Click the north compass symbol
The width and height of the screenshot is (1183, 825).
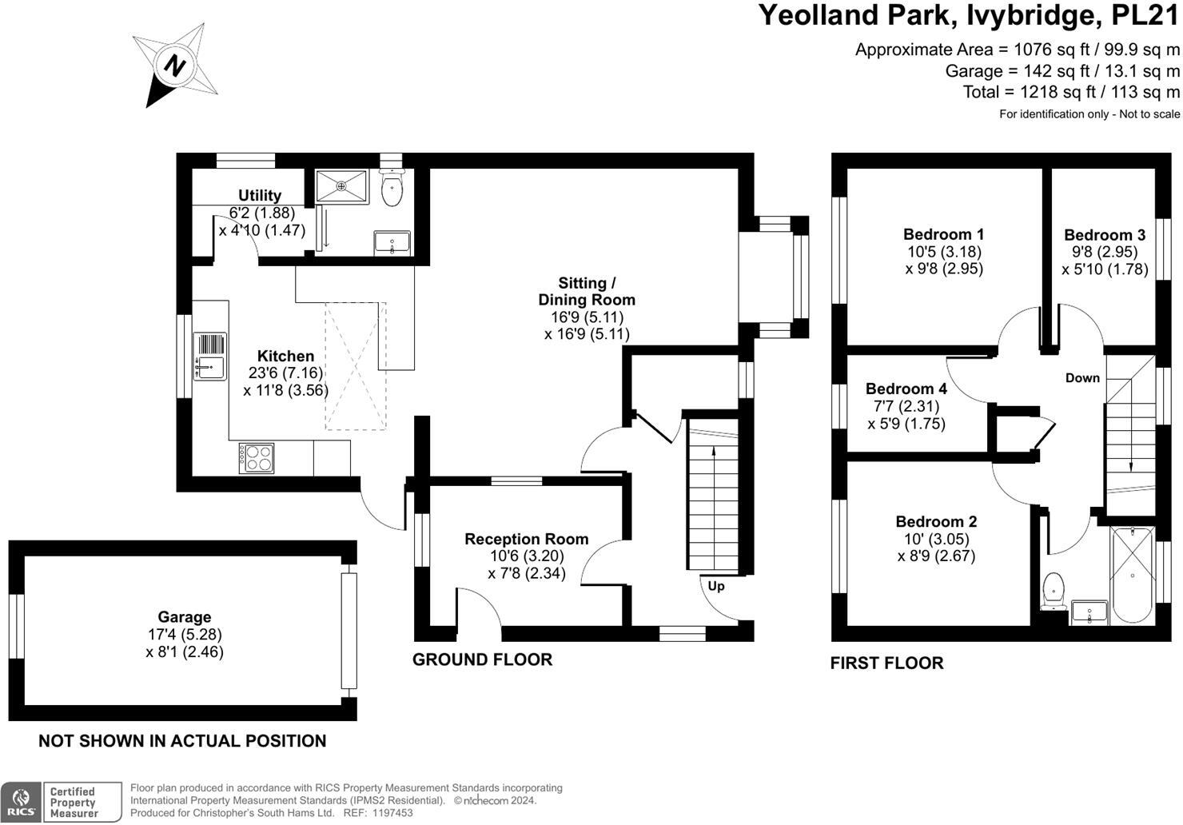(x=174, y=65)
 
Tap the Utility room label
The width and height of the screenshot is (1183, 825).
(x=260, y=195)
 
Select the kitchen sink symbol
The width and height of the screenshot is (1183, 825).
(x=209, y=357)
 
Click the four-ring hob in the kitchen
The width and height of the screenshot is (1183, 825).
(x=256, y=459)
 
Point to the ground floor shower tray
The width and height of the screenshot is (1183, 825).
(x=341, y=186)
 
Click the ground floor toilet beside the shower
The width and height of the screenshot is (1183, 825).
(x=392, y=189)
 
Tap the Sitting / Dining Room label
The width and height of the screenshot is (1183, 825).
(x=587, y=291)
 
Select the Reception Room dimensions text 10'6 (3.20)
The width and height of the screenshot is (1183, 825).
(x=526, y=556)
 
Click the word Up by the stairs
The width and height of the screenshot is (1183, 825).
(x=716, y=586)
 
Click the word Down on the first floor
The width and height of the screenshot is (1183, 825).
(x=1082, y=378)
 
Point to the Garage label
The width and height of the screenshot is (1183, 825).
(x=185, y=616)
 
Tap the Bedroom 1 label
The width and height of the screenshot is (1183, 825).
(x=943, y=234)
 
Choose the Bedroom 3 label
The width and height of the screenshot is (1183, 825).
(x=1105, y=235)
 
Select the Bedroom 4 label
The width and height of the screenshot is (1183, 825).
(x=906, y=389)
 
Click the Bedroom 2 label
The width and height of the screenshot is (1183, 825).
(x=936, y=521)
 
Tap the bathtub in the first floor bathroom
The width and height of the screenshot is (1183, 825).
(x=1132, y=575)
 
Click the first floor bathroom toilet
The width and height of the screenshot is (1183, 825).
(x=1054, y=588)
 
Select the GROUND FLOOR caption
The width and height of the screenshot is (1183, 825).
(x=482, y=660)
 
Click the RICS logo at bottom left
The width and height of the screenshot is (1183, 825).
(x=22, y=802)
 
